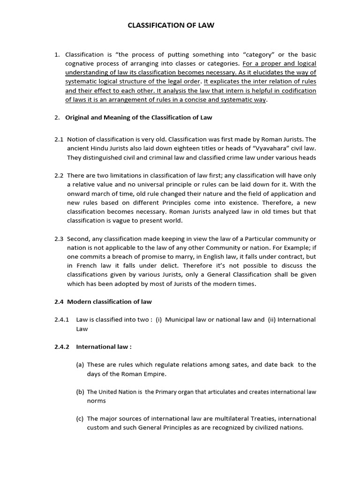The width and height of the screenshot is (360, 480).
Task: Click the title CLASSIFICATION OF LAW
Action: pos(171,25)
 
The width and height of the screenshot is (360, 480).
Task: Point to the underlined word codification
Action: pos(297,90)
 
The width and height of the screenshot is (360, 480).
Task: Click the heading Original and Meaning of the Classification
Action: pos(138,117)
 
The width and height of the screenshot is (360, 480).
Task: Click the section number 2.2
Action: pos(59,175)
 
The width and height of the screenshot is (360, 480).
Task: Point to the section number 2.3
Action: pos(59,239)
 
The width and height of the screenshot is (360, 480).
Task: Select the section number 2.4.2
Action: pos(61,347)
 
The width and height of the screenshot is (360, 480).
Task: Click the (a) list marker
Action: pos(80,365)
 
